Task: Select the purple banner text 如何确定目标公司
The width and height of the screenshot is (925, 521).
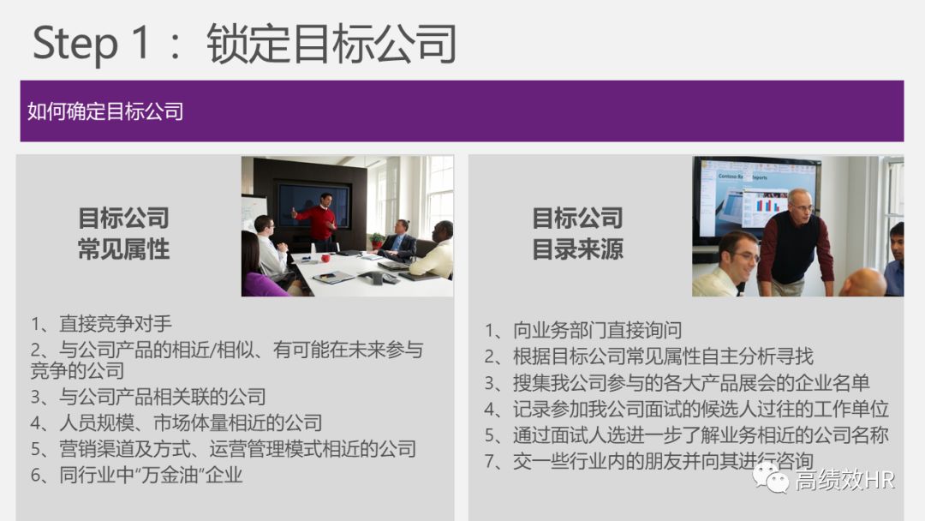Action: [105, 111]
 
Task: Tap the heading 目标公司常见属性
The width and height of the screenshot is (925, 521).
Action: [123, 233]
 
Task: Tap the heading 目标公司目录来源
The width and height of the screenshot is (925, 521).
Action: [577, 233]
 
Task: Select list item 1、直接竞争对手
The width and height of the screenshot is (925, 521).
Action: [102, 324]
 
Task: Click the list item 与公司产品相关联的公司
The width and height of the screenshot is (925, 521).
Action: [148, 397]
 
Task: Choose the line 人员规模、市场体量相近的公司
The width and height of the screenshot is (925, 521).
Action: [176, 422]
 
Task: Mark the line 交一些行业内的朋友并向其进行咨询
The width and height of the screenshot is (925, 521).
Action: [648, 461]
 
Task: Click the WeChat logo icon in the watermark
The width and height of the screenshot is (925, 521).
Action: [771, 479]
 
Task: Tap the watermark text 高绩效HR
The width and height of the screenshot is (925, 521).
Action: [844, 480]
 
